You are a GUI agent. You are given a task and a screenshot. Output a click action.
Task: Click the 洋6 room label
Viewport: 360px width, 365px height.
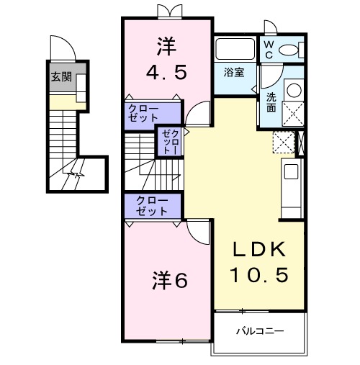(x=169, y=280)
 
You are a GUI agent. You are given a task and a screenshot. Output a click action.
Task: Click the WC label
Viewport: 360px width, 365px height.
(x=268, y=49)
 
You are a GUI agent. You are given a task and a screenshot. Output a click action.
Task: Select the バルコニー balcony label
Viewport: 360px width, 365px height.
(x=260, y=332)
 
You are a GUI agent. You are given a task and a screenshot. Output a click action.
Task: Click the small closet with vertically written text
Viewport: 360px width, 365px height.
(x=168, y=142)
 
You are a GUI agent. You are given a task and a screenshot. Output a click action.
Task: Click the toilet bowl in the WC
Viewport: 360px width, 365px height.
(x=291, y=50)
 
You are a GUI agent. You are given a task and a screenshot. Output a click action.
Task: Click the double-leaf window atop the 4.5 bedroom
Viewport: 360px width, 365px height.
(x=167, y=11)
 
